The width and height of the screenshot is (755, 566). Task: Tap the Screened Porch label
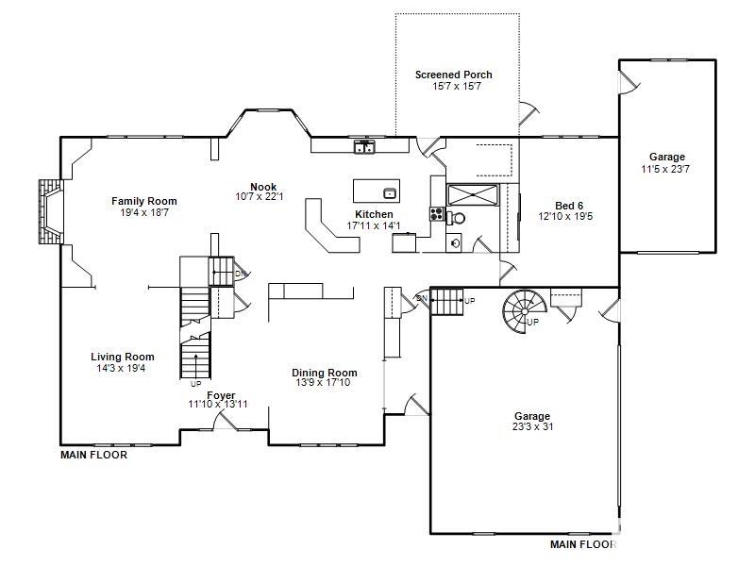point(453,75)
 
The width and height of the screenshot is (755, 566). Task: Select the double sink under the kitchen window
point(365,147)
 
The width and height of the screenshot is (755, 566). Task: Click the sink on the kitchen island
point(389,193)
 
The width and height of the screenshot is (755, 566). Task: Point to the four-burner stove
point(437,214)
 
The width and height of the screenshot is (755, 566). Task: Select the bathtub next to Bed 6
point(471,195)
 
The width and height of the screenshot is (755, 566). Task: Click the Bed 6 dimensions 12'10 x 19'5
point(565,217)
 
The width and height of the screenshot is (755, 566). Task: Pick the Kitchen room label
point(374,214)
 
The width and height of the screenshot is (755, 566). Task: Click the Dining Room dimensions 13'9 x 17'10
point(324,383)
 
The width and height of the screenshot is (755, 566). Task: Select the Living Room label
point(122,357)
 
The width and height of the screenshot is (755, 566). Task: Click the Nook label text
point(262,186)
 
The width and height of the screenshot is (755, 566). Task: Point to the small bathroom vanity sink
point(455,242)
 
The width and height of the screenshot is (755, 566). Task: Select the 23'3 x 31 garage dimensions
point(532,427)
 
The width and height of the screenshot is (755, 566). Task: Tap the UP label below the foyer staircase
point(195,384)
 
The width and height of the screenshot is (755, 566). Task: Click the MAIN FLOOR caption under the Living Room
point(93,455)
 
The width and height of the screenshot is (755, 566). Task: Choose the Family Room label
point(143,201)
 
